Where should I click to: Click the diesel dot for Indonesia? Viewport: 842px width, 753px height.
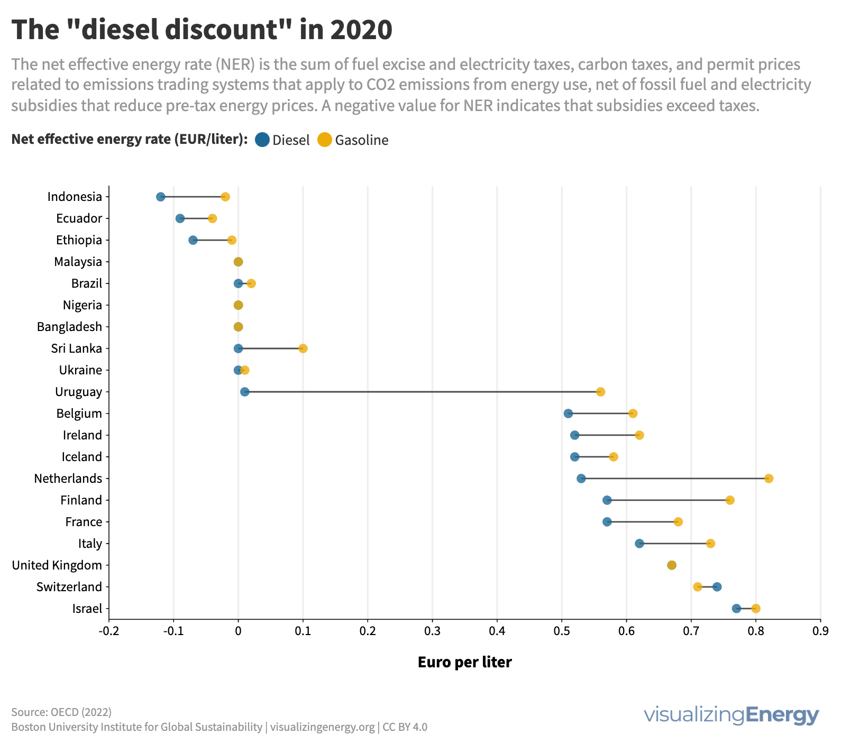click(161, 197)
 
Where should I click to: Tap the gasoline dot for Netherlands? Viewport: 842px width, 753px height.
click(768, 479)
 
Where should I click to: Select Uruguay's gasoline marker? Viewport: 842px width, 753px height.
click(600, 392)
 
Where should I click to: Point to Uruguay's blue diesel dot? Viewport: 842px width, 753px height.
click(244, 392)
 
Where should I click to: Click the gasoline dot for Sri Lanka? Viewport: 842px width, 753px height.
click(303, 348)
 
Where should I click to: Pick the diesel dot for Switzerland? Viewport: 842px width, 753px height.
click(717, 587)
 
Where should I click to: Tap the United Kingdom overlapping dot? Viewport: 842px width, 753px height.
click(672, 565)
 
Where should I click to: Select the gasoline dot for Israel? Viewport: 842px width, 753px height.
click(756, 609)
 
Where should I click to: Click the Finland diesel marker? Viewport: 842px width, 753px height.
click(607, 500)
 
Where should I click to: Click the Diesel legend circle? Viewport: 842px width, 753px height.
click(262, 140)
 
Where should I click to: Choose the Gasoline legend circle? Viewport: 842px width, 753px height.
click(324, 140)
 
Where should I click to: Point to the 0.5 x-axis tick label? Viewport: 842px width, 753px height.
click(562, 631)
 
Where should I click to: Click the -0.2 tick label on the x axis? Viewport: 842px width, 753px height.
click(108, 631)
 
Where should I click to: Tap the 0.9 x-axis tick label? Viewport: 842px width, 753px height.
click(820, 631)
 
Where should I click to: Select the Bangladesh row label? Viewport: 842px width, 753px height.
click(69, 327)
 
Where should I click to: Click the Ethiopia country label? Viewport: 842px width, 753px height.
click(79, 240)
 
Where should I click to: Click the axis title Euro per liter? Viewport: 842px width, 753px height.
click(464, 662)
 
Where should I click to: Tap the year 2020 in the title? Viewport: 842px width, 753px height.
click(362, 30)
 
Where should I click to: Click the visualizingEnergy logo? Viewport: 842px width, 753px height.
click(731, 715)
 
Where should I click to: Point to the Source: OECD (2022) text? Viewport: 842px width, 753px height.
click(61, 712)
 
